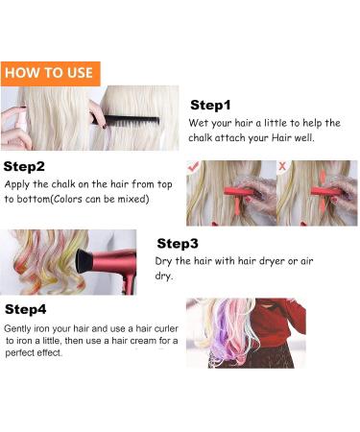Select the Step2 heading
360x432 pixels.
point(26,166)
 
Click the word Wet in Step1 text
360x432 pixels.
point(200,124)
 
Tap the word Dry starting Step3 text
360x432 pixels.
point(164,261)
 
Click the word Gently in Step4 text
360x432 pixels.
point(23,327)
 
